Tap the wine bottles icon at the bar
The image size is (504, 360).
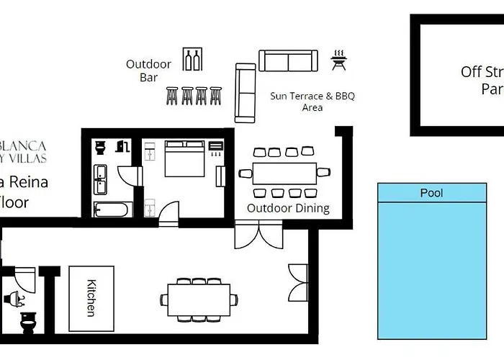192,60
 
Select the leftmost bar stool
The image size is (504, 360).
172,95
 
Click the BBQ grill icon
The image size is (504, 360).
338,60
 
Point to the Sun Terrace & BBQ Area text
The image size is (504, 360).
312,102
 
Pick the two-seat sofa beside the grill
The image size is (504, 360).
288,61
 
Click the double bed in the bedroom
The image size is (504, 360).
184,158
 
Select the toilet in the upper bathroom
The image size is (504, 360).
101,148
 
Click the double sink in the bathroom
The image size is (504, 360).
101,180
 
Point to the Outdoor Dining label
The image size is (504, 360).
288,208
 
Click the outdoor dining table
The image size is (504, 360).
284,173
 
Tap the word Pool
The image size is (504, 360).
431,193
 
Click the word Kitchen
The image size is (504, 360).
91,297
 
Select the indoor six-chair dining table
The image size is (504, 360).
199,296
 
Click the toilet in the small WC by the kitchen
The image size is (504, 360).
29,323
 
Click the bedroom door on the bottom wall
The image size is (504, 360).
168,214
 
